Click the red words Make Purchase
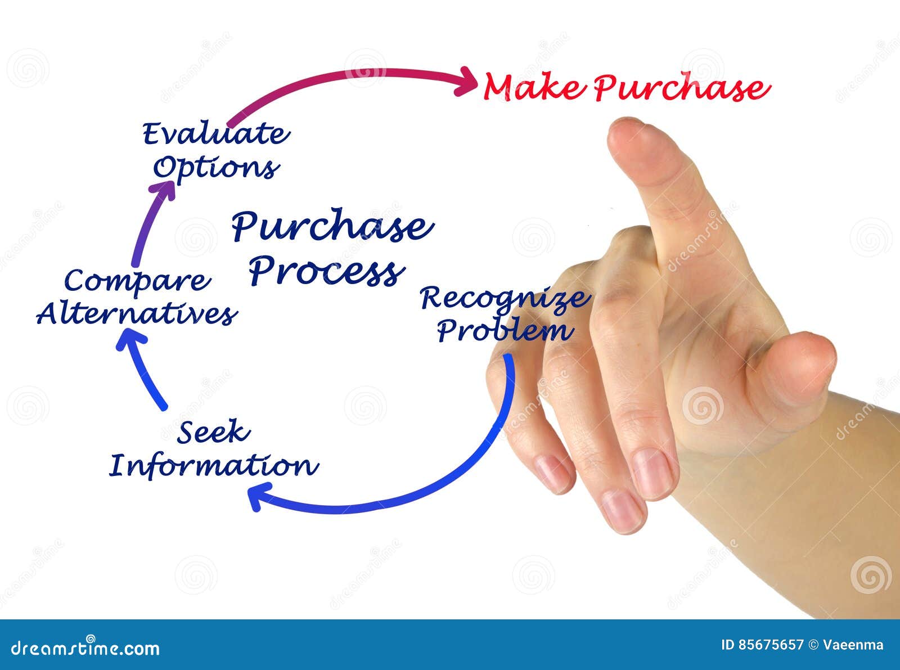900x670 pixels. [x=625, y=88]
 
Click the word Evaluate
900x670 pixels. [x=216, y=134]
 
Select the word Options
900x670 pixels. [x=216, y=168]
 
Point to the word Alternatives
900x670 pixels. [x=137, y=313]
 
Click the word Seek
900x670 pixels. [x=213, y=432]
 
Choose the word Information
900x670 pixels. [x=213, y=466]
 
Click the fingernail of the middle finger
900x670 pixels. [x=652, y=473]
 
